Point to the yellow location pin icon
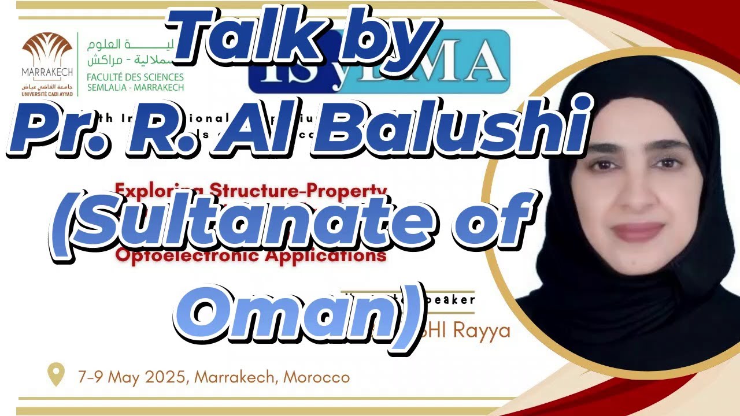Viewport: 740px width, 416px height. pos(55,374)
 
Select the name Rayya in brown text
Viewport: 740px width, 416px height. pos(482,331)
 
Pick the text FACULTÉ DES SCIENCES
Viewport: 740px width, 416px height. pos(135,77)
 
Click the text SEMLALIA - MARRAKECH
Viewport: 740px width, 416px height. pos(135,88)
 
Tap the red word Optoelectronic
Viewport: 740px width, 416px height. pos(188,255)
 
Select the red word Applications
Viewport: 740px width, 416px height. pos(326,255)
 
